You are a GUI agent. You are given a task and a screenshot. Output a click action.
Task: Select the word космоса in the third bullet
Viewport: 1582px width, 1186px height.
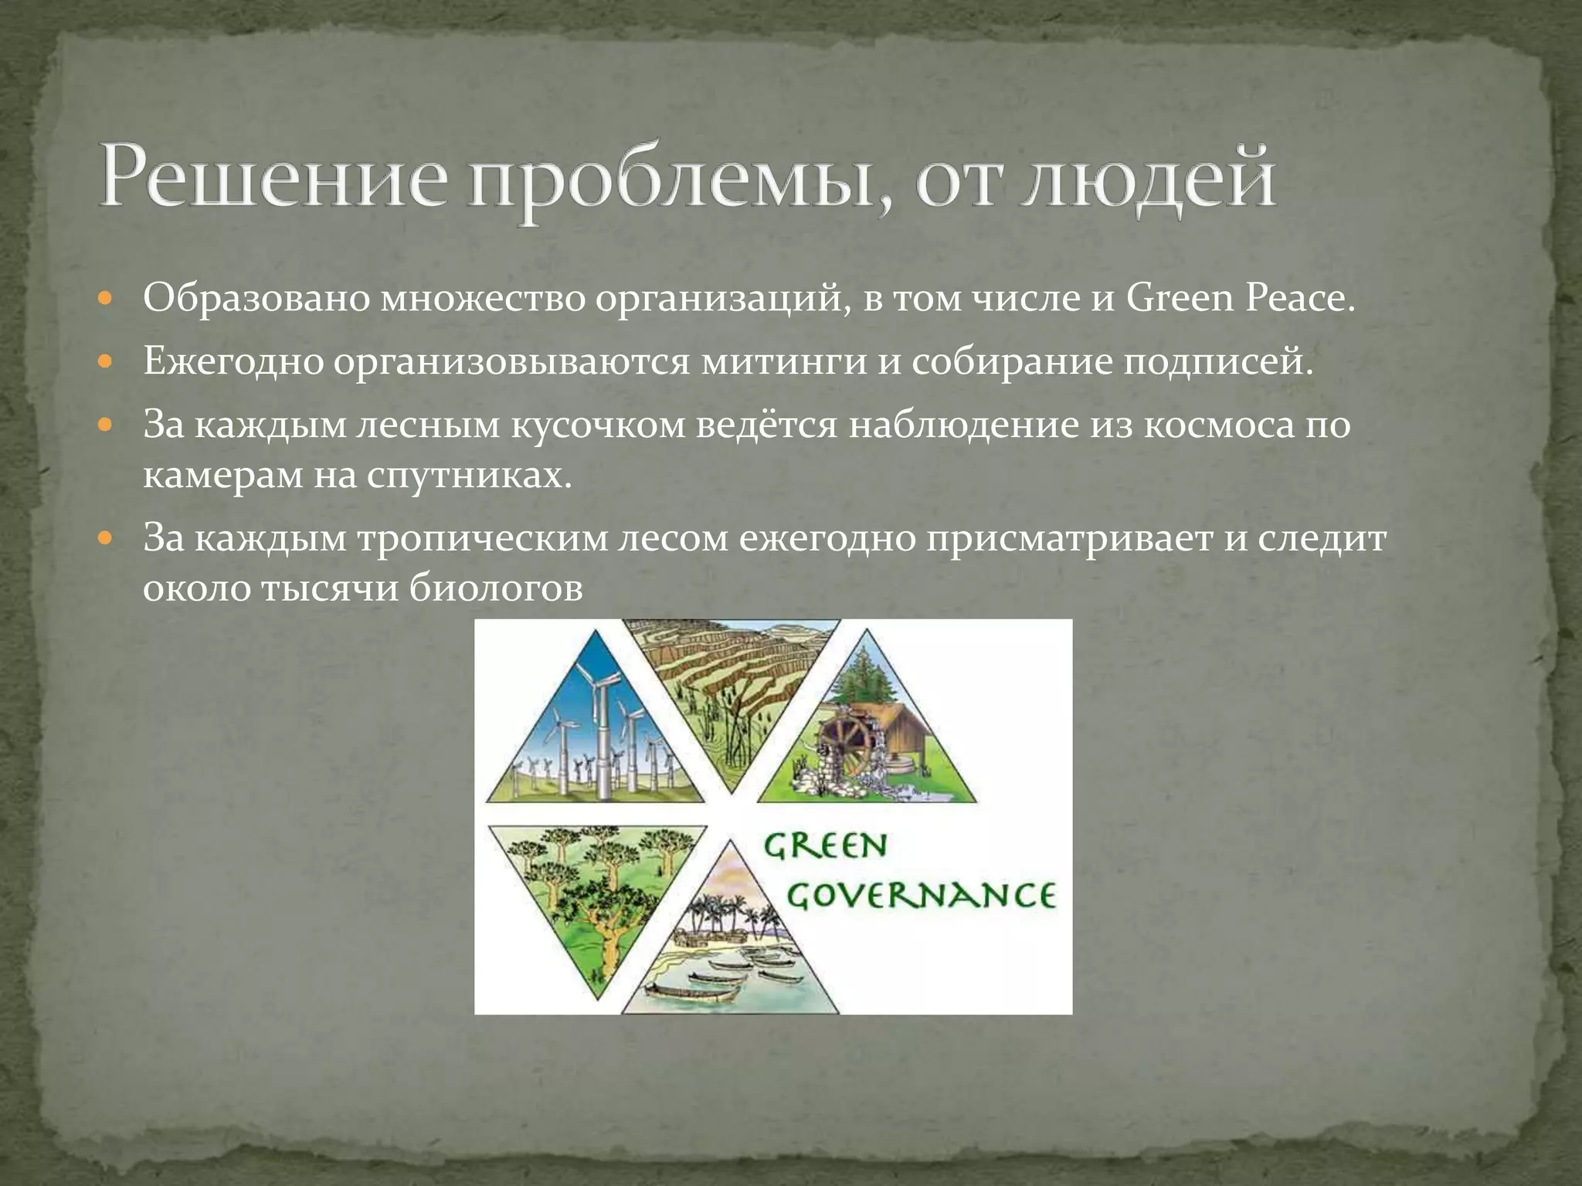[x=1217, y=425]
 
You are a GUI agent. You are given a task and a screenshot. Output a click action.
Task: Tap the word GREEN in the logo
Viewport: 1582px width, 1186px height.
[x=824, y=846]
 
